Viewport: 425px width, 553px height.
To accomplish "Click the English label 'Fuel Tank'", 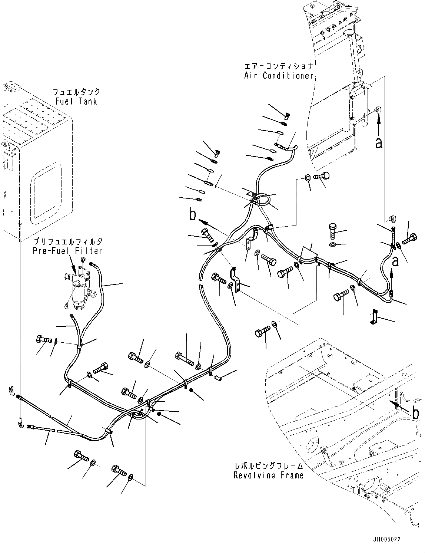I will point(76,101).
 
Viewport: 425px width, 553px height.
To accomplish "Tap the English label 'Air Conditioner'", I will point(279,76).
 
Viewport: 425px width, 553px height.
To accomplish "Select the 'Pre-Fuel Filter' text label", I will point(67,251).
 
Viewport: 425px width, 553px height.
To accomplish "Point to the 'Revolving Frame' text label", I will point(268,475).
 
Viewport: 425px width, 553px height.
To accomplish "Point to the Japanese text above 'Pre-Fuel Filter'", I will point(67,241).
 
